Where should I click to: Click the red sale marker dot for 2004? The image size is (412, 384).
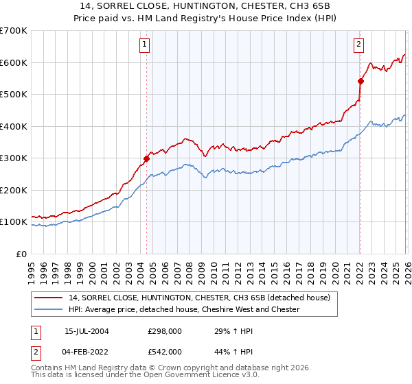[146, 158]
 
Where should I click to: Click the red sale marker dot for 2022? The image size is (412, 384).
[360, 81]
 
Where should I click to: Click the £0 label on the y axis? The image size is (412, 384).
[21, 254]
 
